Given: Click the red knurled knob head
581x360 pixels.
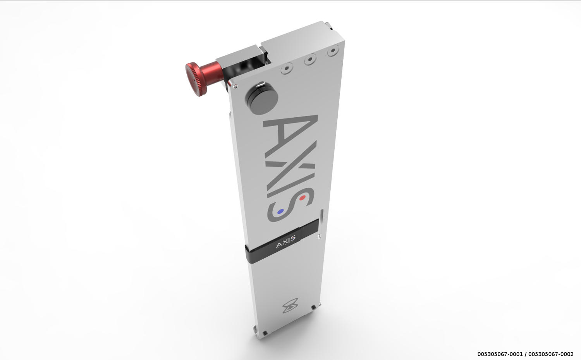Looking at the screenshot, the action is coord(196,79).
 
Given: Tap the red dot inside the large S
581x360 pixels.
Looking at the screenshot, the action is coord(302,198).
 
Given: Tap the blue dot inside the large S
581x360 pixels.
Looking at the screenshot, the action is coord(280,212).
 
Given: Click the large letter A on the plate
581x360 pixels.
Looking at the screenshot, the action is coord(290,132).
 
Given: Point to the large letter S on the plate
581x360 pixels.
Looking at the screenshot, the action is coord(291,205).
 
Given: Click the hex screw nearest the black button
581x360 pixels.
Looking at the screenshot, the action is coord(287,68).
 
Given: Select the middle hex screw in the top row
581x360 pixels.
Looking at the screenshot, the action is coord(310,60).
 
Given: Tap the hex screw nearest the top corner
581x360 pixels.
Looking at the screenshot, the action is coord(333,51).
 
